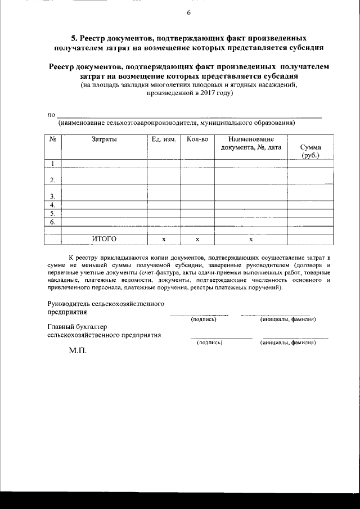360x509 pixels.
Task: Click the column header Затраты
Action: (x=104, y=139)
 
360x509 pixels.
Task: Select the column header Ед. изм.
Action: (x=164, y=139)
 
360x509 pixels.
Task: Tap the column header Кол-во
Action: (x=197, y=139)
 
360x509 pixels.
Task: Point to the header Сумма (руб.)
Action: (x=310, y=151)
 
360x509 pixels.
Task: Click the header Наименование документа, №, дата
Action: (x=251, y=143)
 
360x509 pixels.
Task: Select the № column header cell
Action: (x=52, y=139)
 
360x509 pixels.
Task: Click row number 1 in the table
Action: (x=52, y=164)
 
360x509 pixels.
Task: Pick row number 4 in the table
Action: (x=52, y=205)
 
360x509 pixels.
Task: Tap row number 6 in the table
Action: (x=52, y=222)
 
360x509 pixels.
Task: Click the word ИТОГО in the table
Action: (x=104, y=239)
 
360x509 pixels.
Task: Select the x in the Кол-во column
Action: (x=197, y=240)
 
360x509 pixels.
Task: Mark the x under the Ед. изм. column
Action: (x=164, y=240)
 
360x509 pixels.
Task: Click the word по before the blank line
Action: (x=51, y=115)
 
